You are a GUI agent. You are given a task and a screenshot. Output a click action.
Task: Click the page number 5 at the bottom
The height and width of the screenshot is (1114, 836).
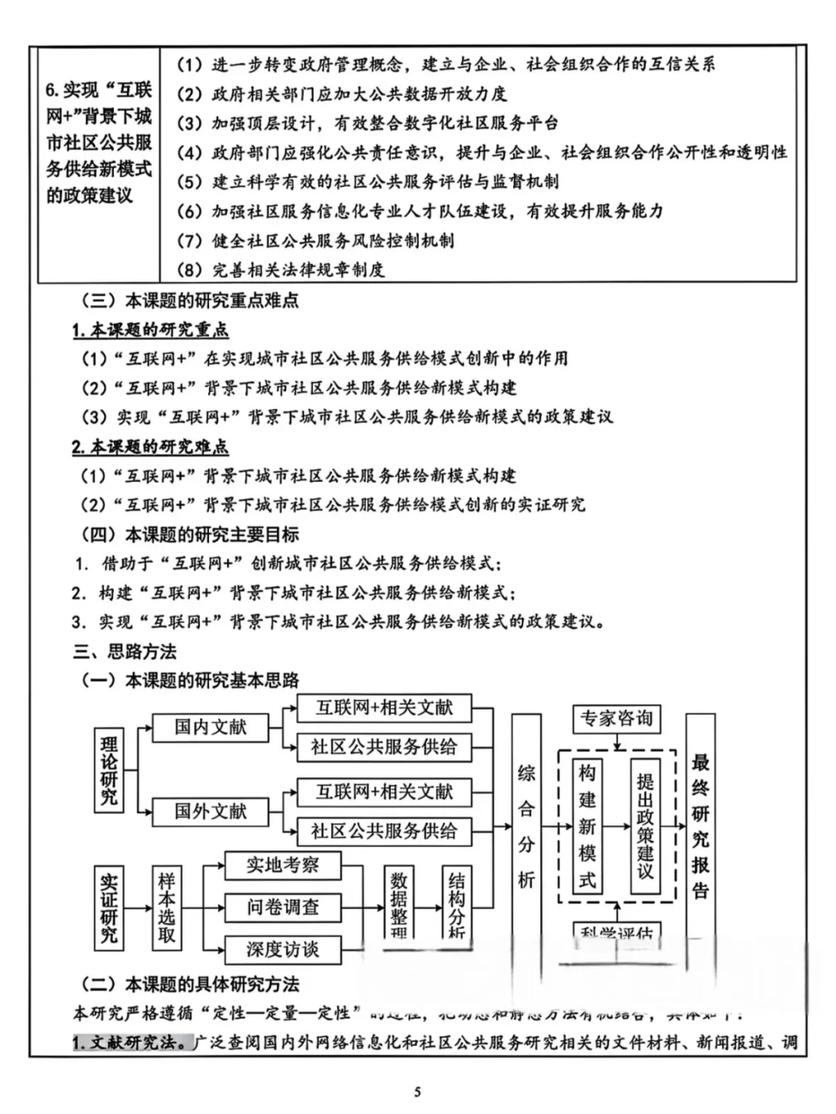click(418, 1092)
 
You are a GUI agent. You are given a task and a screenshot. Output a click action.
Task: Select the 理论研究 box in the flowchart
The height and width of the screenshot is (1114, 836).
click(109, 771)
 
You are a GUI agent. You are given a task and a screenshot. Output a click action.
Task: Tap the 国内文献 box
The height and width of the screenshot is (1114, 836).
click(210, 727)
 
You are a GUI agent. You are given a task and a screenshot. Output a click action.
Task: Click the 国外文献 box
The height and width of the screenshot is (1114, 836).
click(210, 812)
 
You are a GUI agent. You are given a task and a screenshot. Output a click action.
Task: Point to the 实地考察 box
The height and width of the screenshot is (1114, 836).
click(283, 865)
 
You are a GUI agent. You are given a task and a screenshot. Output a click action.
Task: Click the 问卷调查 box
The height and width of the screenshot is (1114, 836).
click(283, 907)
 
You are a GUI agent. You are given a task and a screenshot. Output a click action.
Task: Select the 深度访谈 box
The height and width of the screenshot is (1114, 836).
click(283, 949)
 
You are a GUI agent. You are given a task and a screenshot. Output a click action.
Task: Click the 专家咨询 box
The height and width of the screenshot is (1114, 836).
click(617, 719)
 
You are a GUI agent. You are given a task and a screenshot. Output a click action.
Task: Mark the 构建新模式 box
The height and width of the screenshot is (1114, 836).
click(588, 826)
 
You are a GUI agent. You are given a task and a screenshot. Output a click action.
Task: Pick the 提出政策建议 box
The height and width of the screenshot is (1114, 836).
click(645, 826)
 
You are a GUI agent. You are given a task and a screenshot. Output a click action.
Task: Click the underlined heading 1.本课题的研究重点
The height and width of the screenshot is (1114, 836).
click(151, 330)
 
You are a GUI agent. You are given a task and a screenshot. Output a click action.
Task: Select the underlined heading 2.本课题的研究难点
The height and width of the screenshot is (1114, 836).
click(151, 447)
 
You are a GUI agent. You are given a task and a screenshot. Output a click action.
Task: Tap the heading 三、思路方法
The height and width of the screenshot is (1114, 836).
click(125, 651)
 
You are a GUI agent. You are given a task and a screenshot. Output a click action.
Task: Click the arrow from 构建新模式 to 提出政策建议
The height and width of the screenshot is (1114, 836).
click(616, 826)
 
